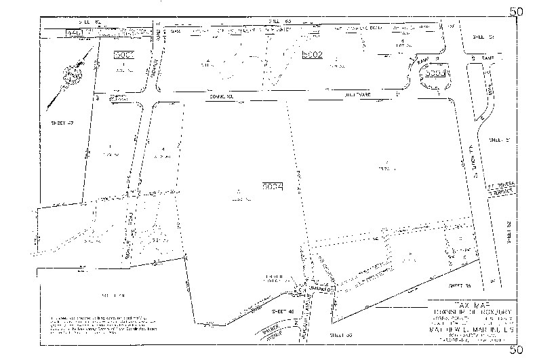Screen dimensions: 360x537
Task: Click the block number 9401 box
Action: (x=74, y=33)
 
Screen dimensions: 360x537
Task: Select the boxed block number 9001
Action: (x=124, y=54)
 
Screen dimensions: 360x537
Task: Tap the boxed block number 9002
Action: (x=313, y=55)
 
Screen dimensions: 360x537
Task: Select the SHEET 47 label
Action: (x=62, y=123)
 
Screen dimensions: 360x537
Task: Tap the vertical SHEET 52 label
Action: (x=511, y=233)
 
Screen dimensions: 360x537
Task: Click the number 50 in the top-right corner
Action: (x=517, y=12)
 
